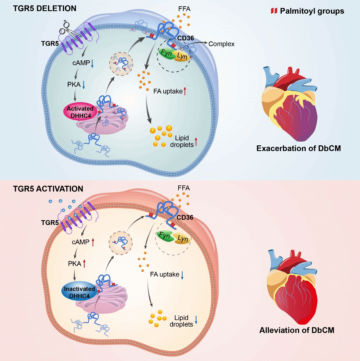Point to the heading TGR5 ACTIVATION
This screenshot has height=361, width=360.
point(48,189)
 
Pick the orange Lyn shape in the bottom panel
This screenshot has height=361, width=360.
point(182,239)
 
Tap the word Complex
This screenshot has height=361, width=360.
point(221,44)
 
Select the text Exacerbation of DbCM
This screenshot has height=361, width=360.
point(299,148)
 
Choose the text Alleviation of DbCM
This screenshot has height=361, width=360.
point(297,330)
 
